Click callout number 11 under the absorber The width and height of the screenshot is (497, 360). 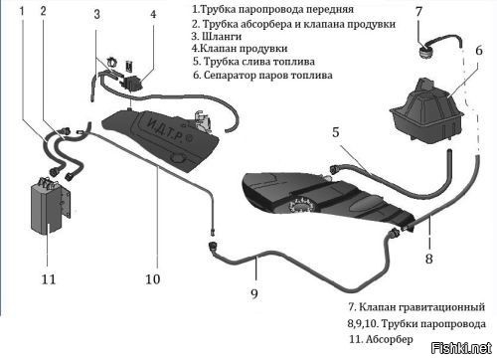pyautogui.click(x=49, y=279)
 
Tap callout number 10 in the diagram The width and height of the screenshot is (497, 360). pyautogui.click(x=153, y=279)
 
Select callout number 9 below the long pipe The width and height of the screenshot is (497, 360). pyautogui.click(x=254, y=293)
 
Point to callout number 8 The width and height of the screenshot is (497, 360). pyautogui.click(x=429, y=259)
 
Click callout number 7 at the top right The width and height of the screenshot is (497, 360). pyautogui.click(x=419, y=12)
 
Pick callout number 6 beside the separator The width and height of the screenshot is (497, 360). pyautogui.click(x=479, y=51)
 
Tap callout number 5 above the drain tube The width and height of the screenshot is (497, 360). pyautogui.click(x=336, y=132)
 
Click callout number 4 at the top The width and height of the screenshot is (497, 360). pyautogui.click(x=153, y=14)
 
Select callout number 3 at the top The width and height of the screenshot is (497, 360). pyautogui.click(x=97, y=14)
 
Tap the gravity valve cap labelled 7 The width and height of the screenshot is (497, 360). pyautogui.click(x=424, y=52)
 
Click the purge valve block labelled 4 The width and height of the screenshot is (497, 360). pyautogui.click(x=133, y=84)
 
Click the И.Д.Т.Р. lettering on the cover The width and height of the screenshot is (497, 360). pyautogui.click(x=165, y=130)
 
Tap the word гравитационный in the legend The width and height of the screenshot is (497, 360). pyautogui.click(x=441, y=307)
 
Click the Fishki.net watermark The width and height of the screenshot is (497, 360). pyautogui.click(x=461, y=348)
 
